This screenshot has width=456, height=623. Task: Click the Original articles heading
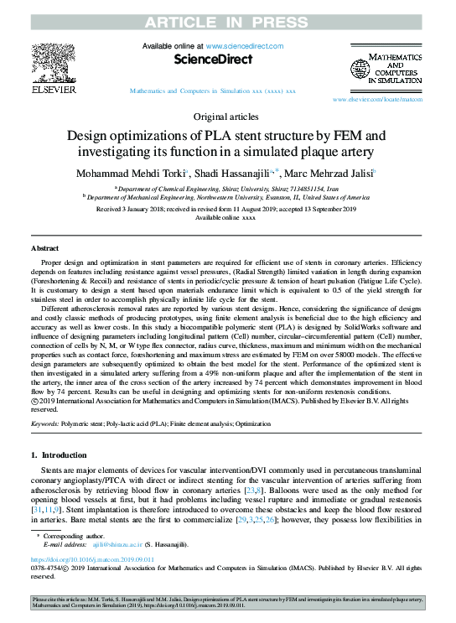[227, 117]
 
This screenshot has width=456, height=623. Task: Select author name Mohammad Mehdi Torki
[139, 173]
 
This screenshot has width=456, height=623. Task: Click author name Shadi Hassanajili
[236, 173]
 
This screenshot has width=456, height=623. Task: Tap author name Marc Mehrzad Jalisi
[330, 173]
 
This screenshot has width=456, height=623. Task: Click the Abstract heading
[44, 250]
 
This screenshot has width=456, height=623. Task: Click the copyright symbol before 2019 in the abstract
[35, 401]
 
